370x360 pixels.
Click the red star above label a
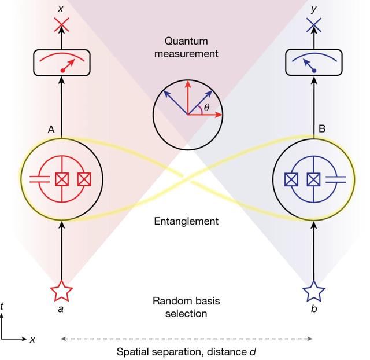pyautogui.click(x=61, y=291)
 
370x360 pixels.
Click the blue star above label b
pyautogui.click(x=313, y=291)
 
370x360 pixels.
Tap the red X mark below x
pyautogui.click(x=61, y=25)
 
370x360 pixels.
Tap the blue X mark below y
pyautogui.click(x=313, y=25)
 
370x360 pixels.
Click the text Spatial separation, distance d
pyautogui.click(x=186, y=351)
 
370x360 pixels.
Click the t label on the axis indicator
pyautogui.click(x=4, y=317)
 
